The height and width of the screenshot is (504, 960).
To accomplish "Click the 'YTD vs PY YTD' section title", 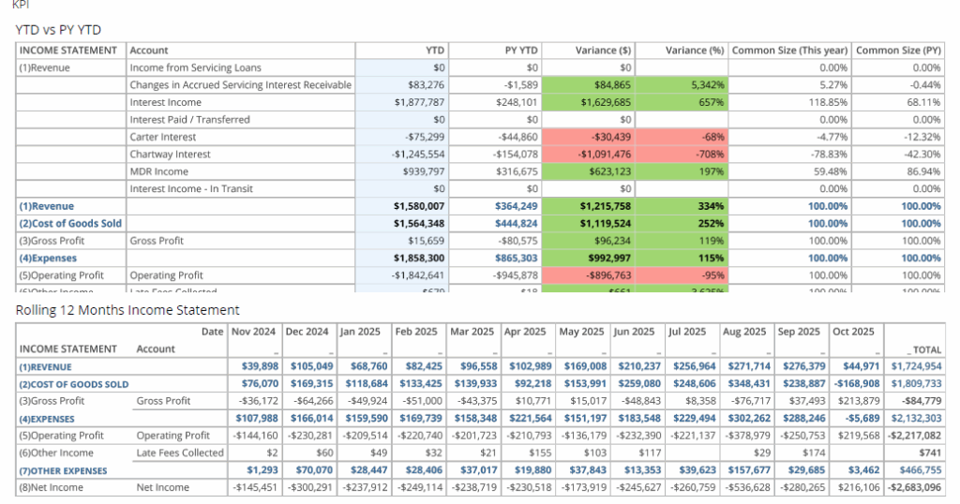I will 58,30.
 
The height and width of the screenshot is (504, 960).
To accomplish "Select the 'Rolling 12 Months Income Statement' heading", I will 127,310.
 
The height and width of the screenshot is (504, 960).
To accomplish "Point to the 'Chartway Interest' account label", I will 170,155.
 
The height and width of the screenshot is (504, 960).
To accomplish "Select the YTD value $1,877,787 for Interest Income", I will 419,102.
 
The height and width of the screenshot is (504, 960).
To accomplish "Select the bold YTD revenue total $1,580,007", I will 419,206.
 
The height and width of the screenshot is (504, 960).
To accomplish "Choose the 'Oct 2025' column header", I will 854,332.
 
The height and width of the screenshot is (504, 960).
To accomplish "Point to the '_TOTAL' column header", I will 922,348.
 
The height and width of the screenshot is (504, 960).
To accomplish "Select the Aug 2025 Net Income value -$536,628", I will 745,487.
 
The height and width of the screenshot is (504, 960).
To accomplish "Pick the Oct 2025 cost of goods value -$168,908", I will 854,384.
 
